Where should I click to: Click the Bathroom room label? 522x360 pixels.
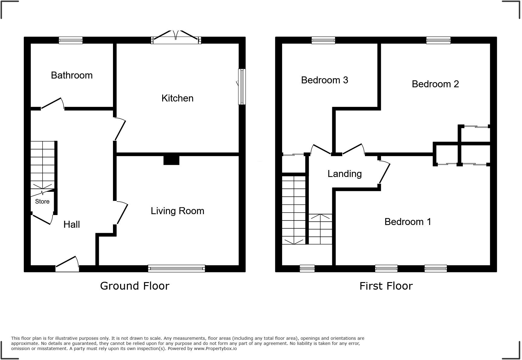tap(72, 75)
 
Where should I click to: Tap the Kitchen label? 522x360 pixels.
tap(177, 98)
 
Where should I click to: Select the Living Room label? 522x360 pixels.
tap(177, 211)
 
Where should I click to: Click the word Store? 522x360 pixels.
tap(42, 201)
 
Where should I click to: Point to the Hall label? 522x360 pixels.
tap(72, 224)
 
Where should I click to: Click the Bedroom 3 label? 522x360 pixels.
tap(324, 80)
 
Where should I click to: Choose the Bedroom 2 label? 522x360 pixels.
tap(435, 84)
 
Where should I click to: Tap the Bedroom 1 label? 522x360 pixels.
tap(408, 222)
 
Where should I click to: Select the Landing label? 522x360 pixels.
tap(344, 174)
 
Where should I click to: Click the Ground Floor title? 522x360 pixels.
tap(134, 286)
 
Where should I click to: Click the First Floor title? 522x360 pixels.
tap(386, 286)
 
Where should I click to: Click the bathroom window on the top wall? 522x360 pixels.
tap(70, 40)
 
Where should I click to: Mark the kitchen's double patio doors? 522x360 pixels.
tap(176, 38)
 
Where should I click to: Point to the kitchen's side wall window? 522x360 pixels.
tap(242, 87)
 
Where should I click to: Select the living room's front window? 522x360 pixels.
tap(176, 268)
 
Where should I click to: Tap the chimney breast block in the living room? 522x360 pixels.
tap(171, 160)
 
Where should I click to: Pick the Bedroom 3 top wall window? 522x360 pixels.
tap(323, 40)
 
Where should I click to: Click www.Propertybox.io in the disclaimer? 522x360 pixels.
tap(215, 349)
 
